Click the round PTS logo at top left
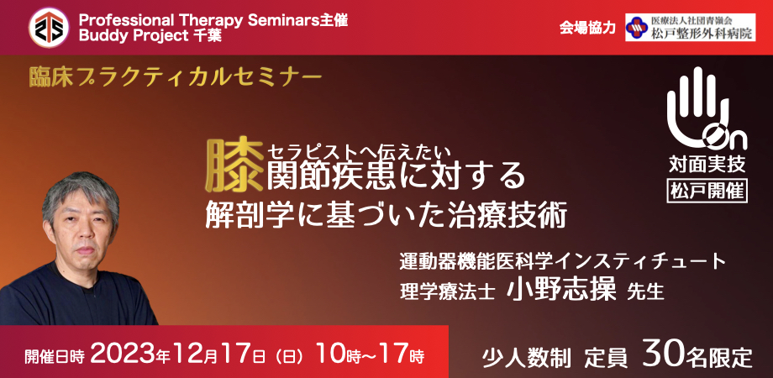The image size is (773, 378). point(49,28)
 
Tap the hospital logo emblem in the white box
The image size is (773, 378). point(634,28)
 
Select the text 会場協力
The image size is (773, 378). point(587,28)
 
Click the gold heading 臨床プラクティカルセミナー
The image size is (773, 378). point(174,78)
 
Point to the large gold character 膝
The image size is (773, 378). point(234,166)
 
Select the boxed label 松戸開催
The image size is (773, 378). point(707,190)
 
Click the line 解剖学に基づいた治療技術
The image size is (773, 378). point(386,217)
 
